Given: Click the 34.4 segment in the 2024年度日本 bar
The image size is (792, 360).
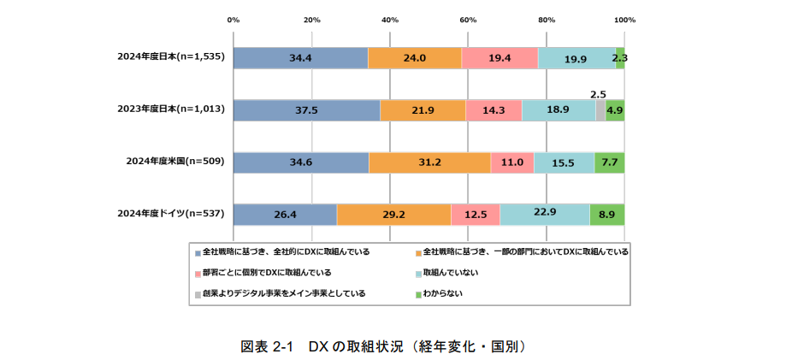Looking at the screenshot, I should tap(300, 58).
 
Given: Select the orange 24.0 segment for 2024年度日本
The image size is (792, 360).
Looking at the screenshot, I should tap(415, 58).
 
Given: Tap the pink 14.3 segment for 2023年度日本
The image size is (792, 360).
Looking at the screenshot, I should tap(494, 110).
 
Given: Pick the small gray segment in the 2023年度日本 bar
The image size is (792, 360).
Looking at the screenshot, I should tap(600, 110).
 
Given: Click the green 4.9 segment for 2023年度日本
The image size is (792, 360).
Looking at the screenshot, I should tap(615, 110).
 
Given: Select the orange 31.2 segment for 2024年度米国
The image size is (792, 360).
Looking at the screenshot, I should tap(429, 162).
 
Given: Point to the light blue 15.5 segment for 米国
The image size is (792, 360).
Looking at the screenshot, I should tap(564, 162).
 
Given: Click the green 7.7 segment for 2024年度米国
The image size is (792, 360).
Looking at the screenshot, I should tap(609, 162).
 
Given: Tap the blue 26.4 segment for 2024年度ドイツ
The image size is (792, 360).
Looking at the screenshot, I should tap(285, 215).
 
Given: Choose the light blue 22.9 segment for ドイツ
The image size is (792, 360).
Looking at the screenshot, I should tap(545, 215).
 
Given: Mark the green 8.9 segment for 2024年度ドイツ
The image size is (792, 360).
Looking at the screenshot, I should tap(607, 215).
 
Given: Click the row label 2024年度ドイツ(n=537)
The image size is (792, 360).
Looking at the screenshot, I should tap(170, 215).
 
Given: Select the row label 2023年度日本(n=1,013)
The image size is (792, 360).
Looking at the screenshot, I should tap(170, 110).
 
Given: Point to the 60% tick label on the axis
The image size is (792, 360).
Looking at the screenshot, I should tap(468, 19).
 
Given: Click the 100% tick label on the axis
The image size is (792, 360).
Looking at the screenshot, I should tap(624, 19).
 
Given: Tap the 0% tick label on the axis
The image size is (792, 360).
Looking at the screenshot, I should tap(233, 19).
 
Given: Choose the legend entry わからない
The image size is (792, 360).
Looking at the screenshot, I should tap(445, 293).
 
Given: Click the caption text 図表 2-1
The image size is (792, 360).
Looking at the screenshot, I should tap(267, 346).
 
